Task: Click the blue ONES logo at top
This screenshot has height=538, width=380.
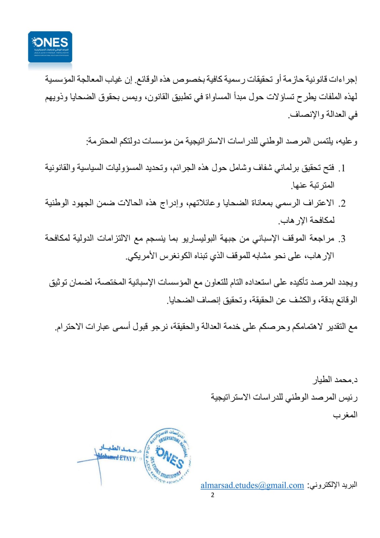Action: [50, 47]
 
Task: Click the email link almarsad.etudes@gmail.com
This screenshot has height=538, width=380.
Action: [252, 485]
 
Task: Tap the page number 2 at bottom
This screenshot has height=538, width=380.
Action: [212, 495]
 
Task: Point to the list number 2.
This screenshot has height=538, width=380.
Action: [342, 204]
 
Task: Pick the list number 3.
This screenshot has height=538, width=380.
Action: [342, 239]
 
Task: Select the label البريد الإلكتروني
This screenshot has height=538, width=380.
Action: [333, 485]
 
